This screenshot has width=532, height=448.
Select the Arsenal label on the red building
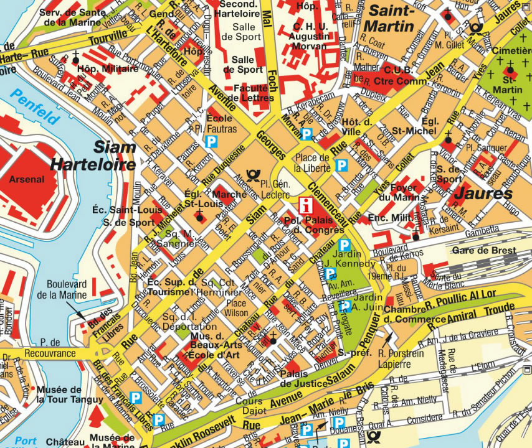26,180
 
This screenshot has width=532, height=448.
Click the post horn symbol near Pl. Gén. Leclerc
252,177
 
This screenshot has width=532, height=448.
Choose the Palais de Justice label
305,378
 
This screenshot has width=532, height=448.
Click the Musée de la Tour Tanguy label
60,394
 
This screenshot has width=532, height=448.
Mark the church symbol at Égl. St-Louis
200,217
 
